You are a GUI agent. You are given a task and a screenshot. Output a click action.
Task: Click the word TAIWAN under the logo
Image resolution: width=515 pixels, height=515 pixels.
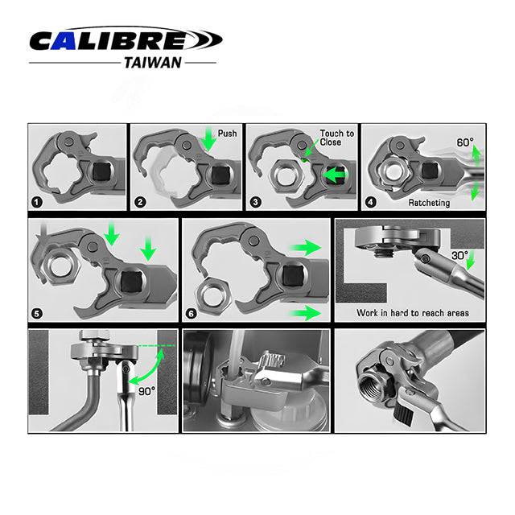153,63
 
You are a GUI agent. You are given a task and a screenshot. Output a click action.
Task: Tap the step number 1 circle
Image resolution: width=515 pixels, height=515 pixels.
37,202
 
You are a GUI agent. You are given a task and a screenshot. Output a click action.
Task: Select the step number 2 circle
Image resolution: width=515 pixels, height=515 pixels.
141,202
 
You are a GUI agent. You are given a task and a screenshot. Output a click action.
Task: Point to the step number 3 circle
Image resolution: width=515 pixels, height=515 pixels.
256,202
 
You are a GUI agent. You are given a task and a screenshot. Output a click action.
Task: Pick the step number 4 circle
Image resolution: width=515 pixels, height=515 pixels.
371,202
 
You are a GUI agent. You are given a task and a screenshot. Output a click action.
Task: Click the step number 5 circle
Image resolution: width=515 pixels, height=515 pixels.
37,314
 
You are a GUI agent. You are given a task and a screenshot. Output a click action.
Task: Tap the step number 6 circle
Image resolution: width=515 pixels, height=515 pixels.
192,314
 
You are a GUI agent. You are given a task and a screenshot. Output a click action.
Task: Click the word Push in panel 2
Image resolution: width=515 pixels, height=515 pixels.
227,134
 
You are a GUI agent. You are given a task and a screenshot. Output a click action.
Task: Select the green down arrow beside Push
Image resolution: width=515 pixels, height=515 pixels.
208,139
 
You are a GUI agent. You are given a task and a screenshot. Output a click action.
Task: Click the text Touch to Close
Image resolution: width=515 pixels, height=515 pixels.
336,138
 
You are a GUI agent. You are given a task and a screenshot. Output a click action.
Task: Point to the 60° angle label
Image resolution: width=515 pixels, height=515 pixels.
465,142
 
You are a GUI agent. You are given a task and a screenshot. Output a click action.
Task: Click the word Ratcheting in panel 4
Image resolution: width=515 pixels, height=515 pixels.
429,203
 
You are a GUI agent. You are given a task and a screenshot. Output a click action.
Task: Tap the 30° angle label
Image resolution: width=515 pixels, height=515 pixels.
459,256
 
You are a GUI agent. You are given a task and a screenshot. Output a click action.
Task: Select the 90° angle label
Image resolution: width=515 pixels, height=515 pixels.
146,391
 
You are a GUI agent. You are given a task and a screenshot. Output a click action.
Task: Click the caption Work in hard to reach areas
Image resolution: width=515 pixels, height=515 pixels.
413,313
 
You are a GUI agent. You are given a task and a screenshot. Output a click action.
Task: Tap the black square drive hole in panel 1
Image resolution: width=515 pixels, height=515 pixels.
101,171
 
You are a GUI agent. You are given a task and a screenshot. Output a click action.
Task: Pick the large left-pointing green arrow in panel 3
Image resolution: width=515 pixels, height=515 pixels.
335,175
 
